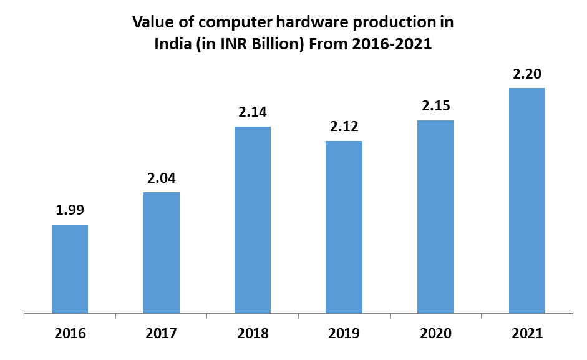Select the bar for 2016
pyautogui.click(x=70, y=268)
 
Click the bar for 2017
pyautogui.click(x=161, y=252)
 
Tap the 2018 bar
pyautogui.click(x=253, y=219)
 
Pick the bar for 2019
pyautogui.click(x=344, y=226)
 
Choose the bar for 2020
pyautogui.click(x=435, y=216)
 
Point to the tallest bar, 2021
pyautogui.click(x=527, y=200)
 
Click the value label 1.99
pyautogui.click(x=70, y=210)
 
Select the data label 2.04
pyautogui.click(x=162, y=178)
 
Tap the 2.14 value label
pyautogui.click(x=253, y=112)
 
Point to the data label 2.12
pyautogui.click(x=344, y=127)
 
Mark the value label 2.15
pyautogui.click(x=436, y=106)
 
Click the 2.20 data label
pyautogui.click(x=527, y=74)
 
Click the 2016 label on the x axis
pyautogui.click(x=70, y=333)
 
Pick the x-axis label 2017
pyautogui.click(x=161, y=333)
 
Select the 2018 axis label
pyautogui.click(x=253, y=333)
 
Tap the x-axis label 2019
pyautogui.click(x=344, y=333)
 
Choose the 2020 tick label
pyautogui.click(x=435, y=333)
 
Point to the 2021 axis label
pyautogui.click(x=527, y=333)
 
